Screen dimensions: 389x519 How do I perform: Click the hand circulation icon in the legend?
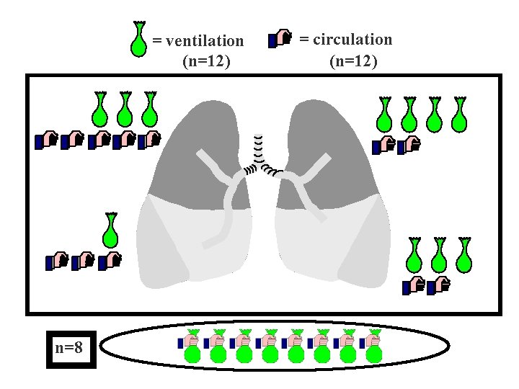pyautogui.click(x=280, y=39)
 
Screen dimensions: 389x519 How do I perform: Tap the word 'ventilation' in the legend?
pyautogui.click(x=198, y=41)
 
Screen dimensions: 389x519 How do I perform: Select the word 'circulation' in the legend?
pyautogui.click(x=346, y=39)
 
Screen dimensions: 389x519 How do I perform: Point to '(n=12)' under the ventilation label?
pyautogui.click(x=207, y=61)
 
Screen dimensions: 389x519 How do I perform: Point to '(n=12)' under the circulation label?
pyautogui.click(x=353, y=61)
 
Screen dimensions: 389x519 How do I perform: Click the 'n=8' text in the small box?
pyautogui.click(x=69, y=349)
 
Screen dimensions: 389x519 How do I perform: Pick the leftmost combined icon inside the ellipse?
pyautogui.click(x=191, y=345)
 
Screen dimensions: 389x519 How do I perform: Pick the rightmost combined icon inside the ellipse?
pyautogui.click(x=372, y=345)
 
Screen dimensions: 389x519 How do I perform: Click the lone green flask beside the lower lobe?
pyautogui.click(x=110, y=230)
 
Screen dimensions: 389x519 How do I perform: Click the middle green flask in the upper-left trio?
pyautogui.click(x=125, y=109)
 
